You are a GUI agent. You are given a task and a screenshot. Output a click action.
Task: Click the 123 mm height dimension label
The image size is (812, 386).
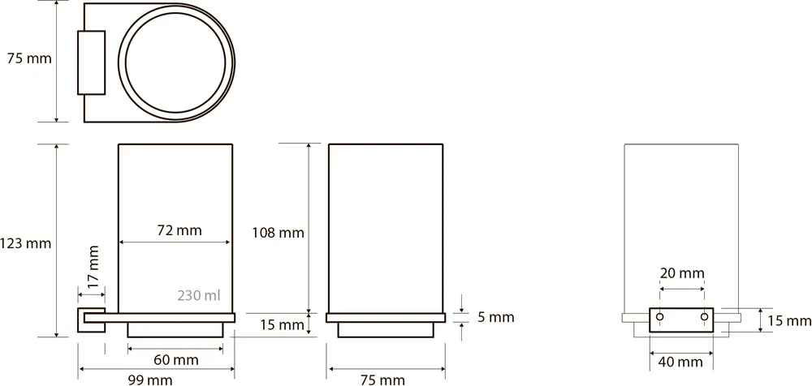tap(25, 243)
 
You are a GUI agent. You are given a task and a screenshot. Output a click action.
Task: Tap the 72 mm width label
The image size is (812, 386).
tap(179, 230)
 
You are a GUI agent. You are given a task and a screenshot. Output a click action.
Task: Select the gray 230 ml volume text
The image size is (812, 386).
tap(199, 295)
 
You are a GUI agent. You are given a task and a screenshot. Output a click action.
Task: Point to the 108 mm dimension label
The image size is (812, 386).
tap(278, 233)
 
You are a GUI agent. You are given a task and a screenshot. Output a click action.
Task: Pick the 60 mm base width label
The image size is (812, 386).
tap(175, 359)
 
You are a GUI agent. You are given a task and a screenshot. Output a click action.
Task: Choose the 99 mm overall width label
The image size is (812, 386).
tap(150, 380)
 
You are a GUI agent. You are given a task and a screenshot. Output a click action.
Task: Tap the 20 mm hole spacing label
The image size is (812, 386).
tap(682, 273)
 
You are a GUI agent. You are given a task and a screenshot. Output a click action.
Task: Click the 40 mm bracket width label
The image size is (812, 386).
tap(680, 362)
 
